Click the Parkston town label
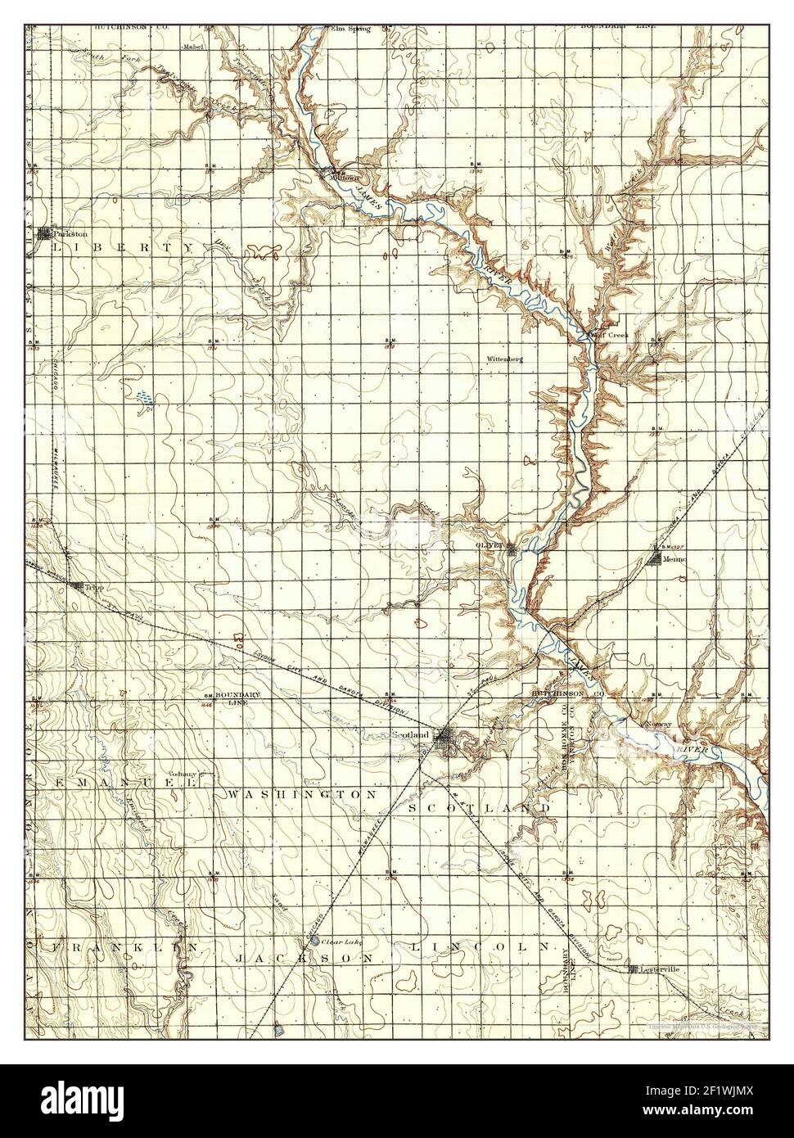70,233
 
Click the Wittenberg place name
504,359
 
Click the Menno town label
674,558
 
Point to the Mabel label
192,47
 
